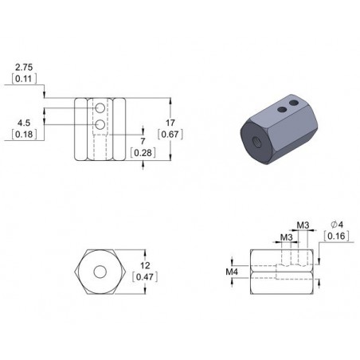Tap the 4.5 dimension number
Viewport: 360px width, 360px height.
tap(23, 123)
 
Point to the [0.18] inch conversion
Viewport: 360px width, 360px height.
tap(23, 135)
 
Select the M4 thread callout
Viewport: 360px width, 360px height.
tap(232, 272)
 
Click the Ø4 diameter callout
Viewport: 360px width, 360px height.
tap(337, 225)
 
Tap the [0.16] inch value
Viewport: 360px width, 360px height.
tap(337, 237)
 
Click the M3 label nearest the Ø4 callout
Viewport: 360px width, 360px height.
tap(302, 225)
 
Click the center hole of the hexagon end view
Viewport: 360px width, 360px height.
tap(100, 271)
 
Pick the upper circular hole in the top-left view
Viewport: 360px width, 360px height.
tap(100, 108)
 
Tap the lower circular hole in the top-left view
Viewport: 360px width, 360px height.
tap(100, 125)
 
